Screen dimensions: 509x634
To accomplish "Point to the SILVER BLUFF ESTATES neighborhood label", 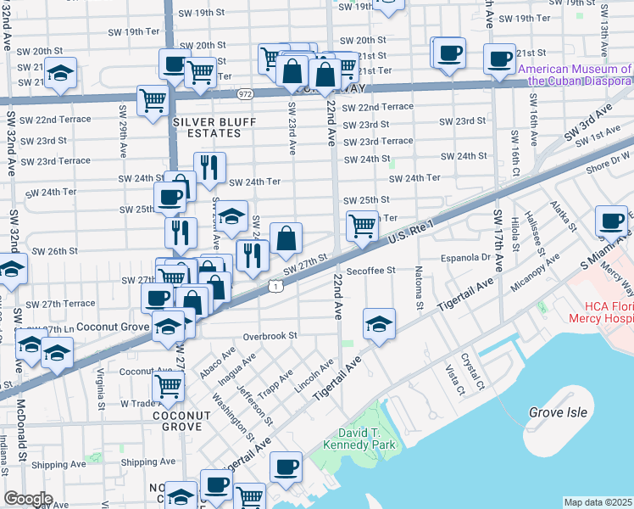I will (208, 126).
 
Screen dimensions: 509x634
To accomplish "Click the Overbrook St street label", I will (270, 336).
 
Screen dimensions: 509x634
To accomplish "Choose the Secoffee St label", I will (372, 271).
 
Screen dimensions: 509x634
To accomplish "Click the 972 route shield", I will (245, 94).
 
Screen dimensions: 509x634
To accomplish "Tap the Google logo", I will (28, 499).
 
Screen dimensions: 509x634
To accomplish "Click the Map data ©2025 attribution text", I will (598, 502).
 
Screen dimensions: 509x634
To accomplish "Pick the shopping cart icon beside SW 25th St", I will (362, 227).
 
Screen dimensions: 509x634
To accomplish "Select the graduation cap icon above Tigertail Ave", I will (378, 323).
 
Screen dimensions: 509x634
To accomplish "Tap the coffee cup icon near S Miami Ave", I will (611, 221).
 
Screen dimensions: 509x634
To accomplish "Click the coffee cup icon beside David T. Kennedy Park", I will (286, 467).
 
